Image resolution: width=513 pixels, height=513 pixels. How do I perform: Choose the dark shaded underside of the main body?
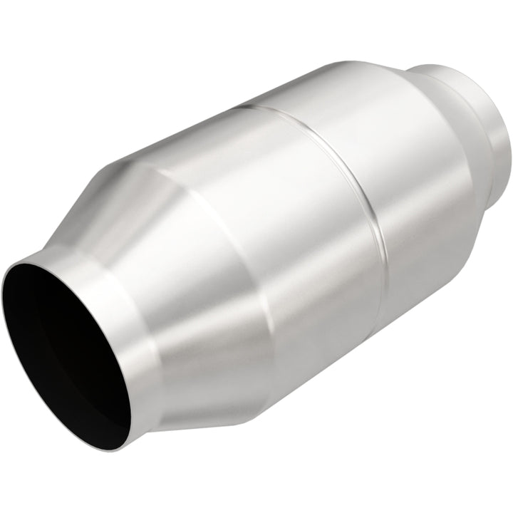pos(342,356)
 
